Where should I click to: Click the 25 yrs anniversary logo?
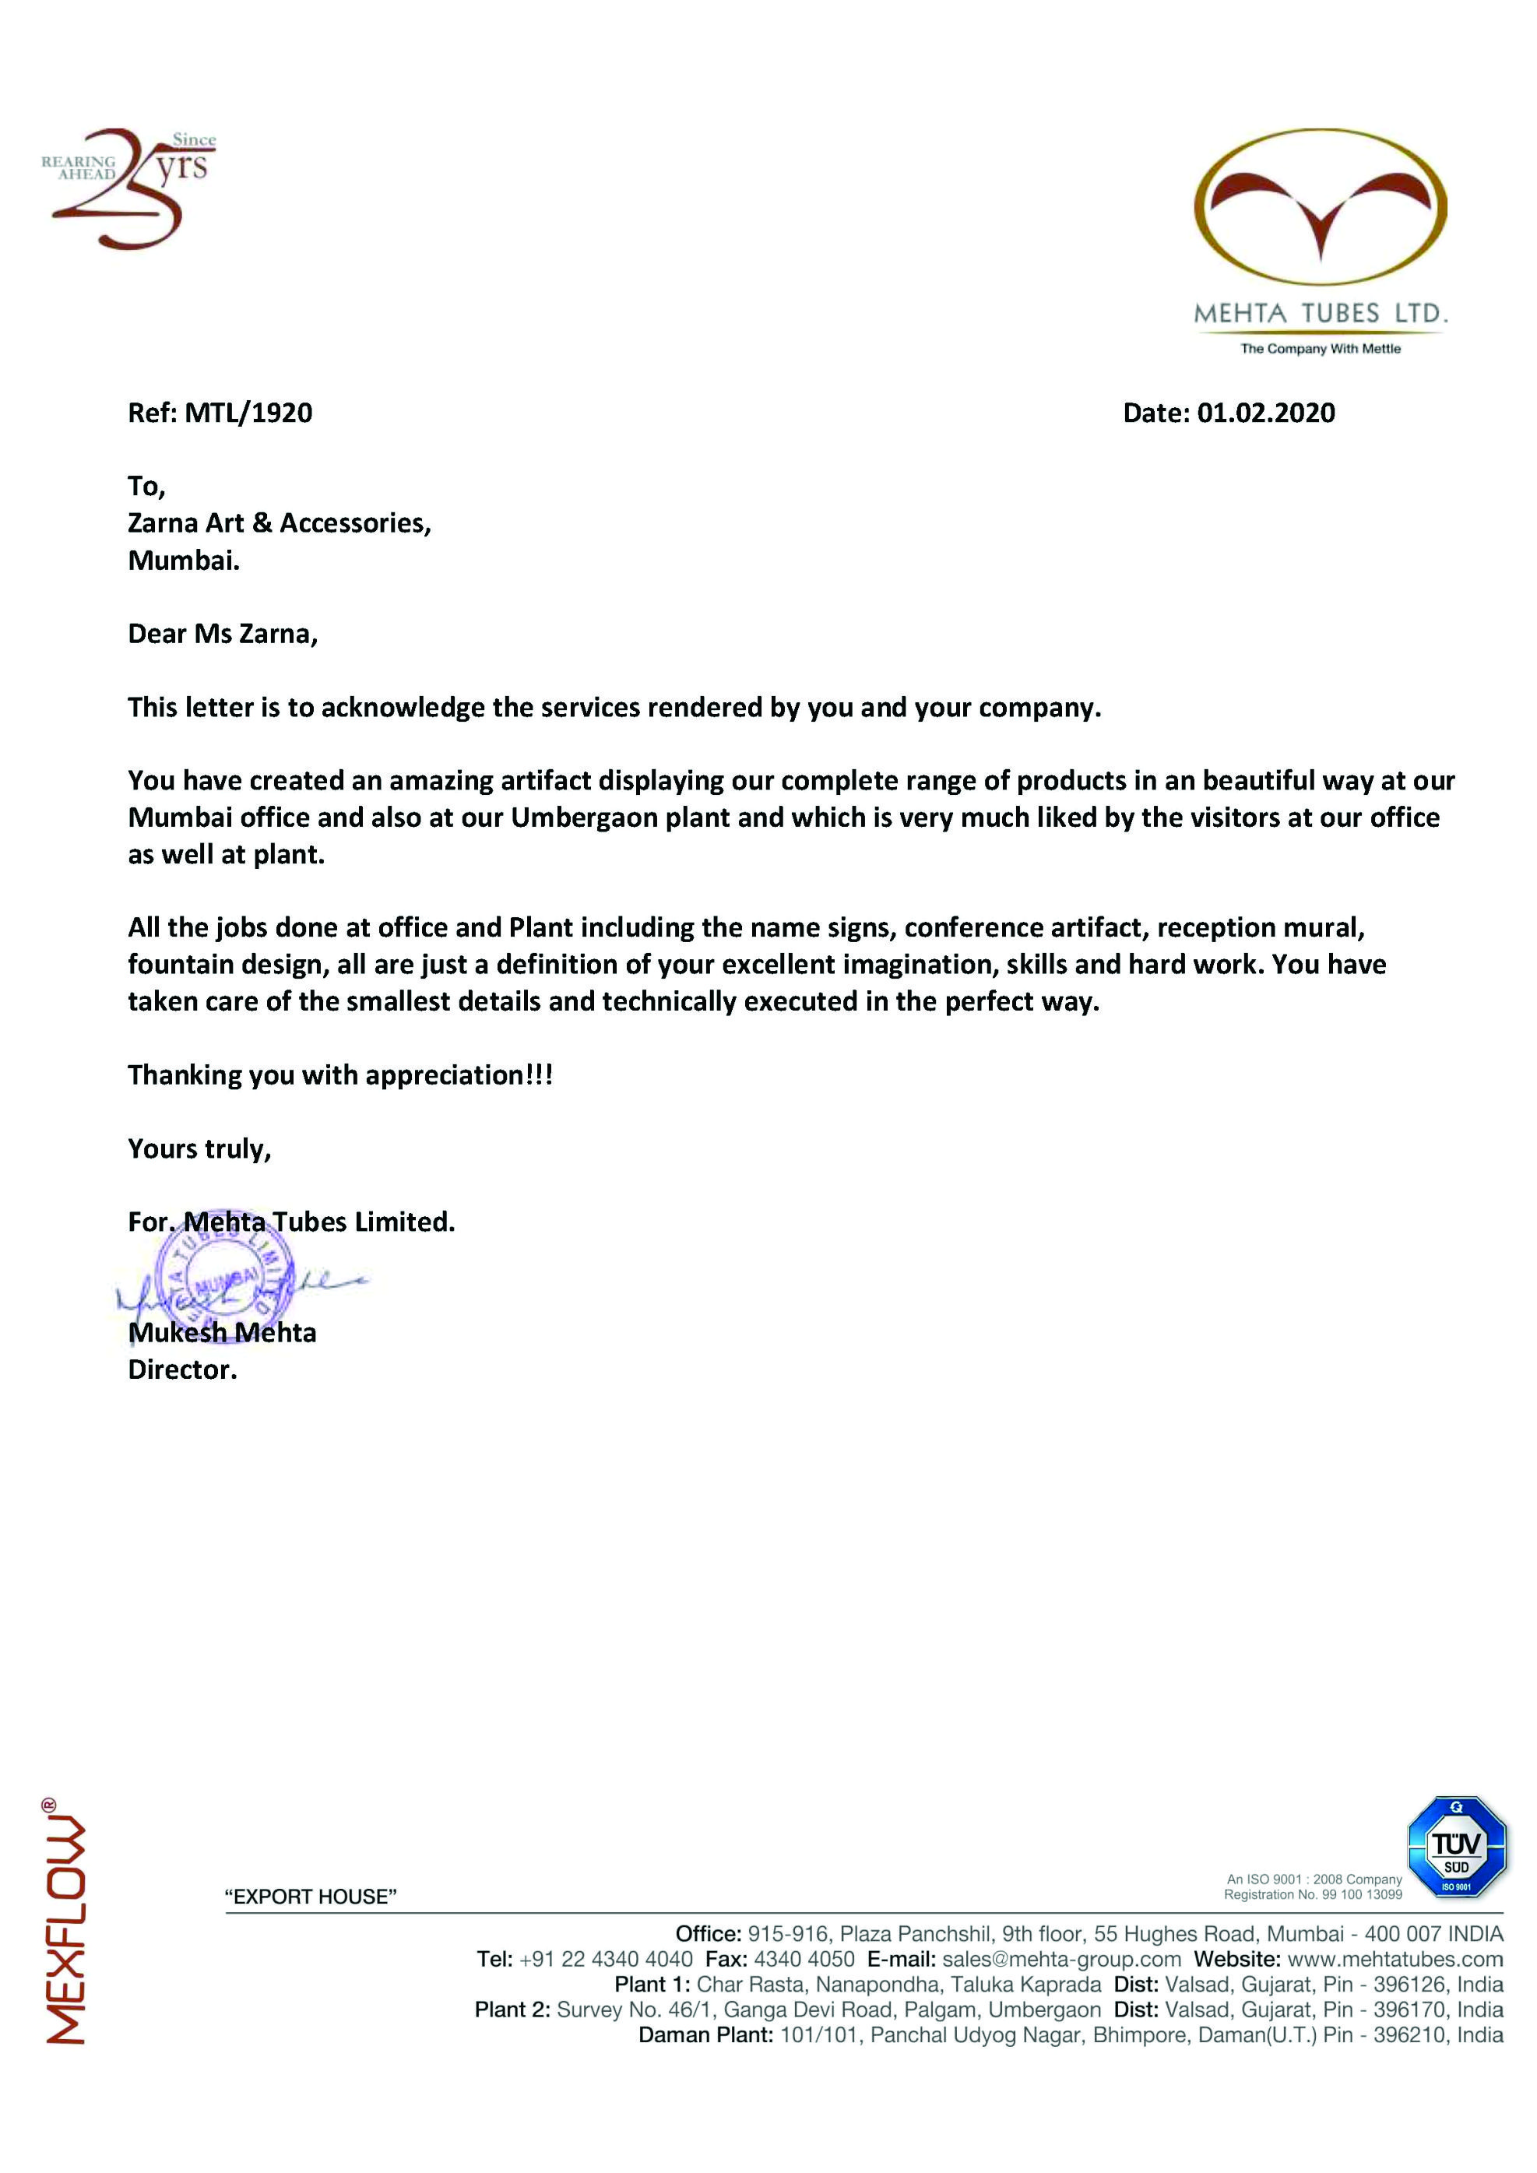coord(131,188)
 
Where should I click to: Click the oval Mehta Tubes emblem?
coord(1321,207)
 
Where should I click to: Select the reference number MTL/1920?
coord(248,413)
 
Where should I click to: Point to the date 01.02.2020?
coord(1265,413)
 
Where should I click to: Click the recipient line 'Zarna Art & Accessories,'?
coord(280,523)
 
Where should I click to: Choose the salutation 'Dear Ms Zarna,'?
coord(223,634)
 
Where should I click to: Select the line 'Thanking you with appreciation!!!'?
coord(339,1075)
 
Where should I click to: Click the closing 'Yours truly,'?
coord(199,1149)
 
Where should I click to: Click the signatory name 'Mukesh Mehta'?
coord(223,1333)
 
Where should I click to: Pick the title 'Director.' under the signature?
coord(181,1370)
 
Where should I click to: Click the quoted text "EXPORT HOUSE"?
coord(311,1897)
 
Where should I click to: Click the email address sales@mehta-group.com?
coord(1061,1959)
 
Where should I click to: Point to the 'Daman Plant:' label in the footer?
coord(705,2035)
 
